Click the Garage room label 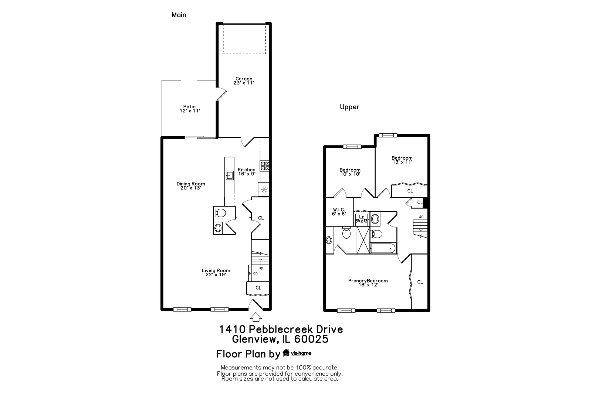click(x=244, y=81)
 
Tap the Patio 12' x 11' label click(x=189, y=109)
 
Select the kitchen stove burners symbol click(x=264, y=166)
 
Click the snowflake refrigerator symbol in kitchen click(x=264, y=190)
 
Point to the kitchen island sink click(x=230, y=175)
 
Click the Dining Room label click(x=190, y=185)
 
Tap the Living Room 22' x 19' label click(x=216, y=272)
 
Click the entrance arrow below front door click(x=256, y=317)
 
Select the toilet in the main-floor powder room click(x=220, y=213)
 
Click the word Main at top click(x=179, y=15)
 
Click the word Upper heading click(x=349, y=107)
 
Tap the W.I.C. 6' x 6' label click(x=339, y=211)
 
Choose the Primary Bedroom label click(x=368, y=283)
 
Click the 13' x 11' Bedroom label click(x=402, y=160)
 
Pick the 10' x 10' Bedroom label click(x=350, y=172)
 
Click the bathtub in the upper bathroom click(x=383, y=248)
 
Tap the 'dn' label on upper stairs click(x=421, y=216)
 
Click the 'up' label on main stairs click(x=261, y=268)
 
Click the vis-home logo click(x=297, y=353)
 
